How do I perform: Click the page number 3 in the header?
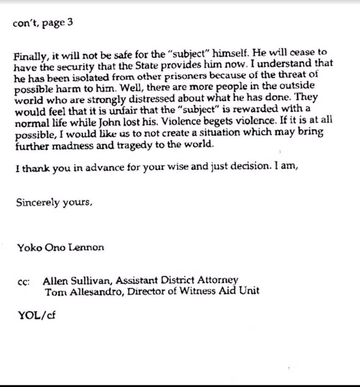click(69, 23)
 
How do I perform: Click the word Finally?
click(30, 56)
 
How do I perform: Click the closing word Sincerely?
click(38, 202)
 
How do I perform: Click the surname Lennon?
click(86, 247)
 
